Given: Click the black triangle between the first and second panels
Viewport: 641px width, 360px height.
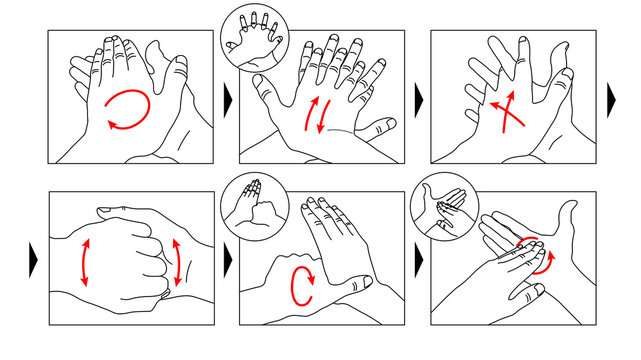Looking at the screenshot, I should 227,97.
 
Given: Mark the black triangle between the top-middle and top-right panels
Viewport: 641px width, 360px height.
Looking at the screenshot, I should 418,97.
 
